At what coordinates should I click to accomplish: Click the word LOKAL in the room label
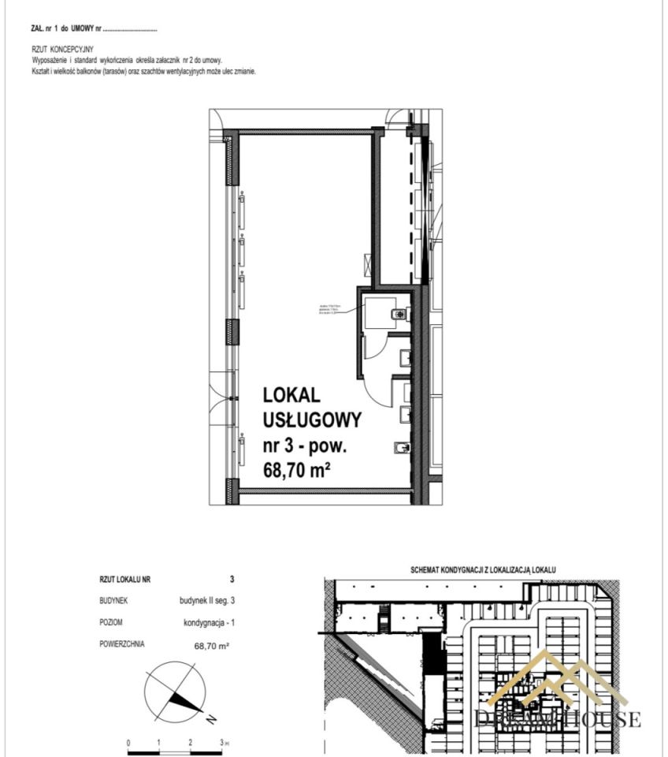(292, 393)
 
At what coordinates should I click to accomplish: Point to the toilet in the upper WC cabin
(399, 315)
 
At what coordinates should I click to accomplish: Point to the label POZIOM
(111, 622)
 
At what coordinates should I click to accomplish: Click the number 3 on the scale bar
(222, 743)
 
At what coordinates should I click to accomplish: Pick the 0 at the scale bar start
(128, 743)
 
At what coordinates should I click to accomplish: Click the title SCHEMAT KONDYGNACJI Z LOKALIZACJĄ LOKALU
(484, 569)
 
